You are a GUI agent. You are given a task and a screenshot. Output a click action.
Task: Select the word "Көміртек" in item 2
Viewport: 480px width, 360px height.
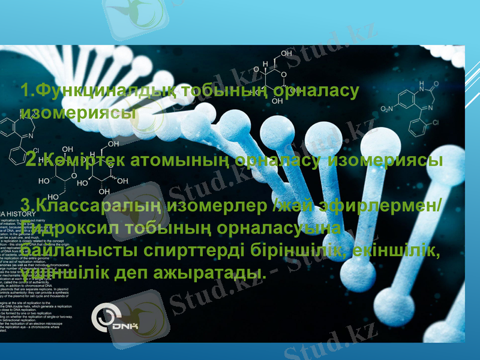[81, 160]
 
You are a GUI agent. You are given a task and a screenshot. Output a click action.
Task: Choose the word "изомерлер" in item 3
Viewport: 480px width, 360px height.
[216, 206]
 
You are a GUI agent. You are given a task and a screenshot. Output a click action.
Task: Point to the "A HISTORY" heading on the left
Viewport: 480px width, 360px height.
[24, 213]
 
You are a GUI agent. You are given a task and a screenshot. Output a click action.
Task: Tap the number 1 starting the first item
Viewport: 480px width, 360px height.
[24, 92]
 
